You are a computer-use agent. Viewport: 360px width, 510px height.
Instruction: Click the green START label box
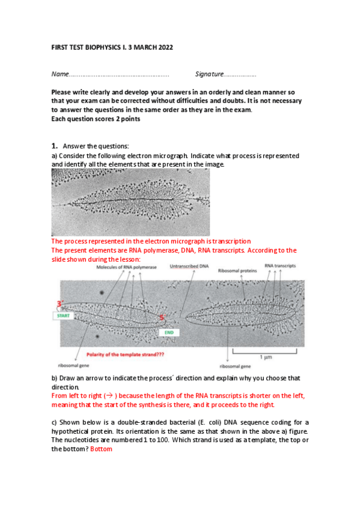[63, 316]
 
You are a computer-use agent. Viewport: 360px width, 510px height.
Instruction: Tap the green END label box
[169, 333]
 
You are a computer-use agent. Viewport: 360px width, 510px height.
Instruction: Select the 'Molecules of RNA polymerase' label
[126, 268]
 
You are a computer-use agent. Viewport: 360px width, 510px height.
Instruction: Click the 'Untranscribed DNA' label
[189, 266]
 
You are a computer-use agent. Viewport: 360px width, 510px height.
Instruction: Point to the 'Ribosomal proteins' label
[237, 271]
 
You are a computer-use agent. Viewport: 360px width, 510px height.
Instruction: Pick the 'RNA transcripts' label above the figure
[280, 266]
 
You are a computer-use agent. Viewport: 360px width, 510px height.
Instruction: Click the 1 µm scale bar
[265, 351]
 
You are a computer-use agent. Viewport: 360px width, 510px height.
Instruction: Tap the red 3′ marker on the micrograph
[60, 304]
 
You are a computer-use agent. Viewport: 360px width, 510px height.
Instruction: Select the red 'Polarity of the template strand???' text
[125, 354]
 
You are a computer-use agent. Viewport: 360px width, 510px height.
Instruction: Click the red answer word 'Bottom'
[101, 449]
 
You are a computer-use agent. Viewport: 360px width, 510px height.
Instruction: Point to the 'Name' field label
[60, 74]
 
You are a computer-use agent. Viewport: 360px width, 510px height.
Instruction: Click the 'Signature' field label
[209, 74]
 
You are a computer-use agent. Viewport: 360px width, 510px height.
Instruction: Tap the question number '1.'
[55, 146]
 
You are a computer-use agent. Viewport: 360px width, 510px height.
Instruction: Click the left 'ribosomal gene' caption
[73, 366]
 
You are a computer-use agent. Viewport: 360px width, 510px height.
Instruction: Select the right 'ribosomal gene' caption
[235, 367]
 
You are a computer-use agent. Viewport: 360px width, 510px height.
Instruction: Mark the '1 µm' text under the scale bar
[266, 357]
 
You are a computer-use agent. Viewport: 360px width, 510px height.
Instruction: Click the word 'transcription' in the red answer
[231, 241]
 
